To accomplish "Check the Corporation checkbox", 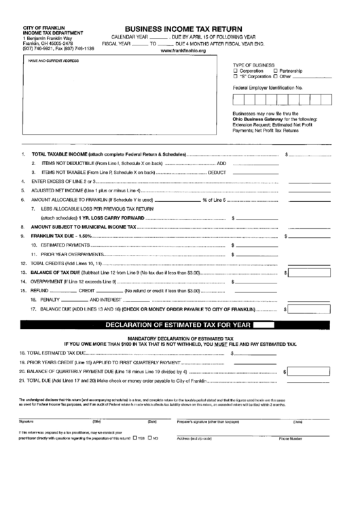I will point(236,71).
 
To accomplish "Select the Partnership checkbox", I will point(274,71).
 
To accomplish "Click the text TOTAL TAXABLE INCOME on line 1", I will point(62,154).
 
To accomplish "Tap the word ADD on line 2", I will point(221,164).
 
